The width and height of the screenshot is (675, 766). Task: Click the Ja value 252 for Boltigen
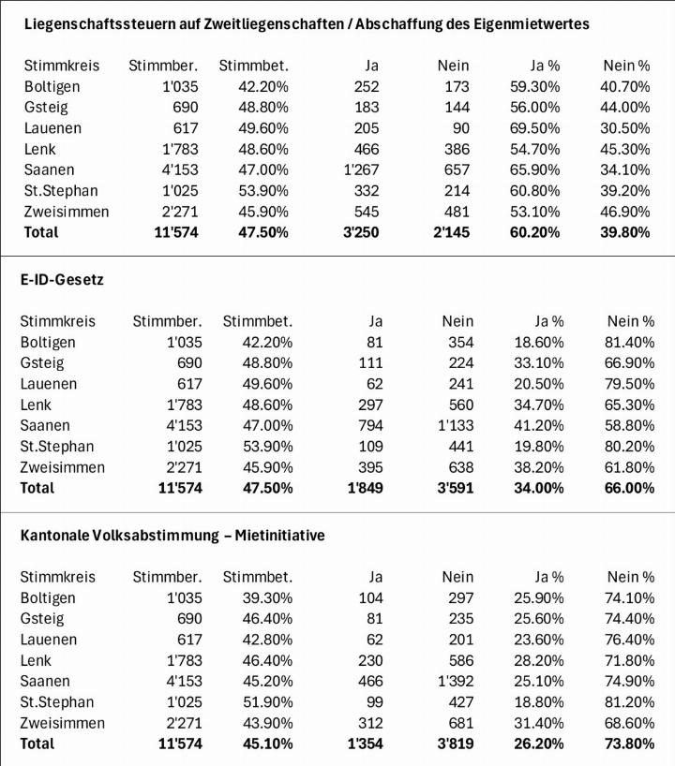366,86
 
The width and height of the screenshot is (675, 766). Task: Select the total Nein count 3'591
452,488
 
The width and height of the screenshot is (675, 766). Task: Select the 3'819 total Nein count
452,744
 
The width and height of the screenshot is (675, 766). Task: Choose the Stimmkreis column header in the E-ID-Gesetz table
58,321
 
